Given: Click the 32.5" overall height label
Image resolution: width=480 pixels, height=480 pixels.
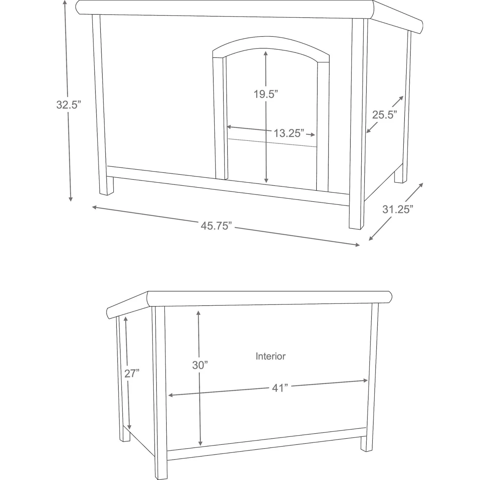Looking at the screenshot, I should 67,105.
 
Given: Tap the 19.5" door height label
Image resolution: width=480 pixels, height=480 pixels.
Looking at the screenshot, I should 266,94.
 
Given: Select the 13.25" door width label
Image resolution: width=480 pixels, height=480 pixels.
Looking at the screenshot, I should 288,133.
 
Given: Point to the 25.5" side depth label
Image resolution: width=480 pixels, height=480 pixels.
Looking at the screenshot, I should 384,114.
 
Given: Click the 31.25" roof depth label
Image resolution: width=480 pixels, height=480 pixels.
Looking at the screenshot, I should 398,209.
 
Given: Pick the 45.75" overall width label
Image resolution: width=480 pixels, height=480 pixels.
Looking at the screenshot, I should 216,226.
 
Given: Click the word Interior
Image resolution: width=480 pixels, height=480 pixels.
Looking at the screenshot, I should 270,356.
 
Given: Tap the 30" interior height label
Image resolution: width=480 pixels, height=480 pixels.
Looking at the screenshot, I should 200,365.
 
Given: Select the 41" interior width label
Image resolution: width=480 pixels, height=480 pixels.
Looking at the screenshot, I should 280,388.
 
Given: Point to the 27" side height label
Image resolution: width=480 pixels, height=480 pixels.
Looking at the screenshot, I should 132,373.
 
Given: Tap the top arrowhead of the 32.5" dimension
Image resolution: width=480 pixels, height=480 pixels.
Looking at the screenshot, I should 65,3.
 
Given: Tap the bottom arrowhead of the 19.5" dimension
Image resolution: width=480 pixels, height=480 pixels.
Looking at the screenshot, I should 266,181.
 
